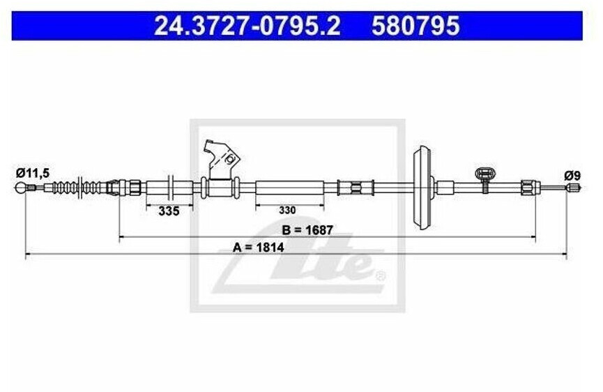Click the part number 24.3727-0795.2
click(247, 26)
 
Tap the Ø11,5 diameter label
click(31, 172)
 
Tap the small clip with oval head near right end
click(484, 174)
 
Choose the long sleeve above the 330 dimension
click(289, 187)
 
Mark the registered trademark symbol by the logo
click(380, 276)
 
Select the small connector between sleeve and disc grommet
click(354, 187)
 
